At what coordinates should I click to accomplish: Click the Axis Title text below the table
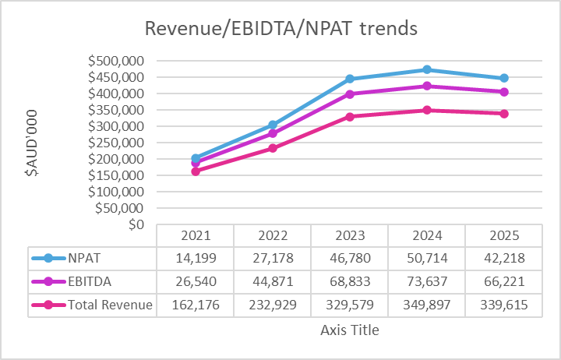[349, 330]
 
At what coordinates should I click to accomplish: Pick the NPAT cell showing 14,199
[195, 257]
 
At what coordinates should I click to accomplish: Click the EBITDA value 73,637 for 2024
[426, 281]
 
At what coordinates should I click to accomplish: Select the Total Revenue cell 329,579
[349, 305]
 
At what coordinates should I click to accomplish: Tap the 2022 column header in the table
[272, 235]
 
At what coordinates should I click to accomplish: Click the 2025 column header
[503, 235]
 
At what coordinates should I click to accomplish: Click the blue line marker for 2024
[427, 69]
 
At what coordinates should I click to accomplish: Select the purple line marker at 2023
[350, 94]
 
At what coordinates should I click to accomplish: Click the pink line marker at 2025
[504, 114]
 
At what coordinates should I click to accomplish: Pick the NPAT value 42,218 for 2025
[503, 257]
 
